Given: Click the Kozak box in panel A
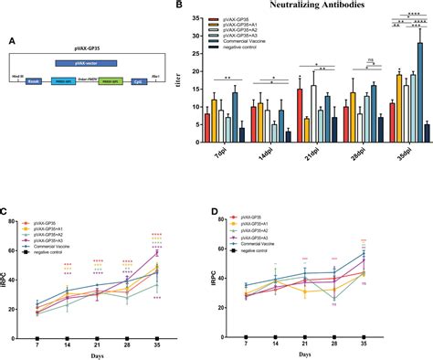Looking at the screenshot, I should pos(35,82).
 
